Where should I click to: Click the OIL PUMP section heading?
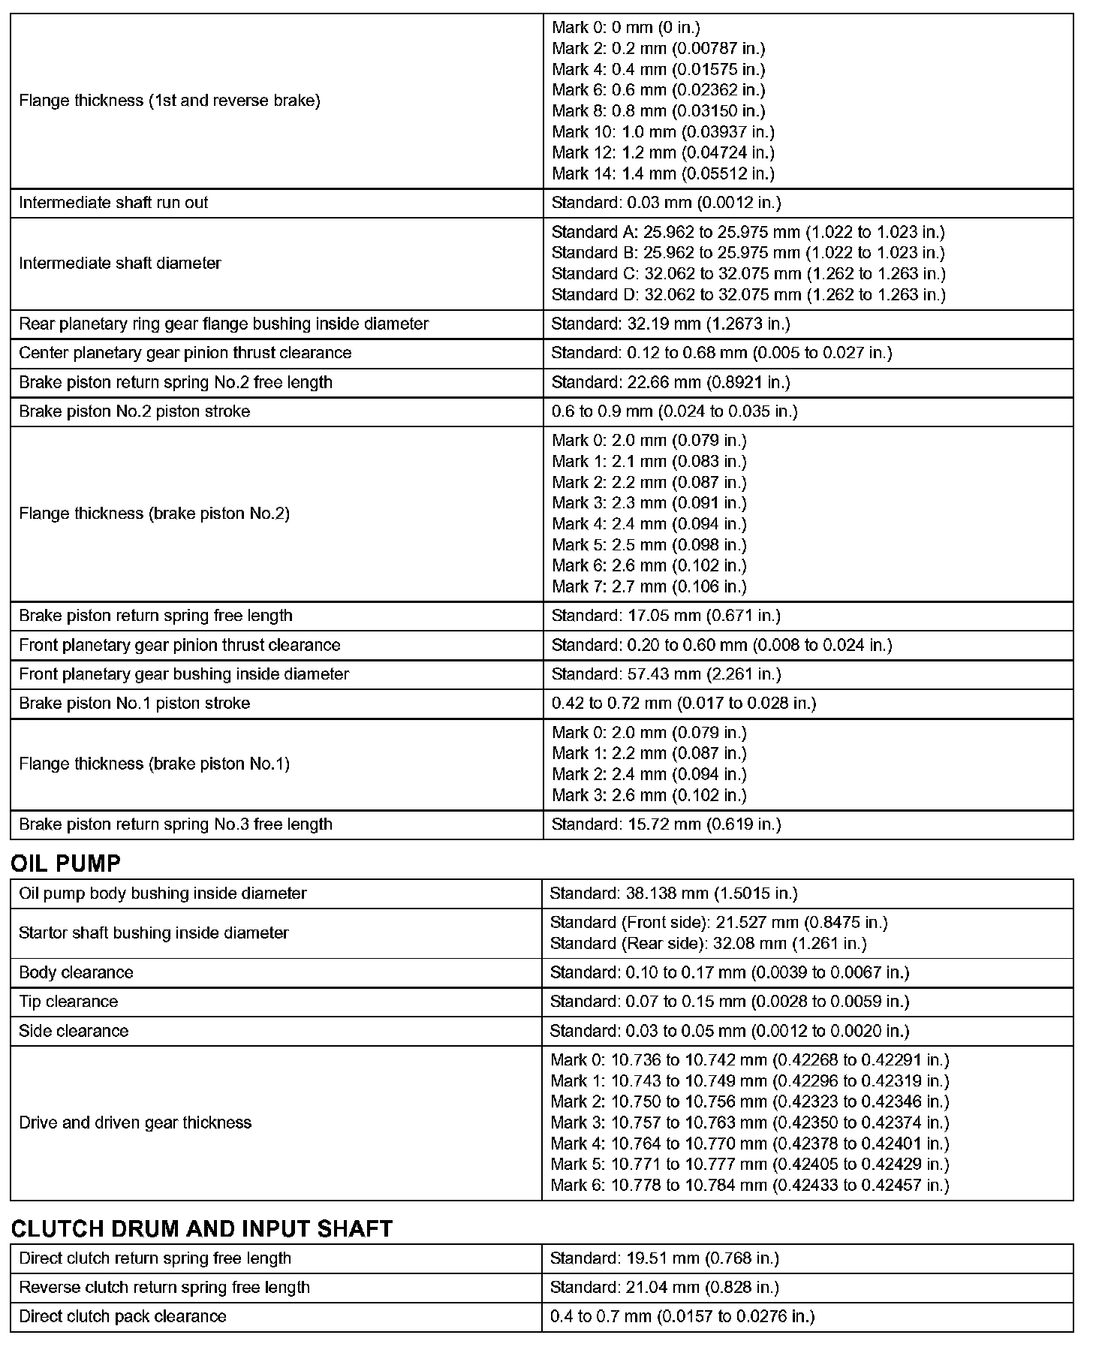[x=66, y=863]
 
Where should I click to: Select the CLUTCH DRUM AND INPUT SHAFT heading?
[x=202, y=1228]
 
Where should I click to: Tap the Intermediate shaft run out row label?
[x=113, y=203]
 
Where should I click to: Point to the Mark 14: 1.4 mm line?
[x=663, y=173]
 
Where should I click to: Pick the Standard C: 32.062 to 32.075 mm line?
[x=748, y=273]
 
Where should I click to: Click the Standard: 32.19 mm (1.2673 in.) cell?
[x=670, y=324]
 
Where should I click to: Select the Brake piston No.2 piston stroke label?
[x=134, y=411]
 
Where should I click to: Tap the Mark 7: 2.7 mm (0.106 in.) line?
[x=649, y=586]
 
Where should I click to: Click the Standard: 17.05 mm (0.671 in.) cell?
[x=666, y=616]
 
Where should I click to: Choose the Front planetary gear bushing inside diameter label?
[x=184, y=674]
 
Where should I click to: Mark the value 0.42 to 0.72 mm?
[x=683, y=704]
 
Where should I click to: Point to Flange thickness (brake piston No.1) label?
[x=154, y=764]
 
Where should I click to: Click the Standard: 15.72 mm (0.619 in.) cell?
[x=666, y=824]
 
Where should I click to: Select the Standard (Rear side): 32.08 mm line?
[x=708, y=943]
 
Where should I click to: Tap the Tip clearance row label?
[x=68, y=1002]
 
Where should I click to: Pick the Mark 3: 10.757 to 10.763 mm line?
[x=749, y=1122]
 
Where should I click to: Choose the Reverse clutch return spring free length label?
[x=164, y=1287]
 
